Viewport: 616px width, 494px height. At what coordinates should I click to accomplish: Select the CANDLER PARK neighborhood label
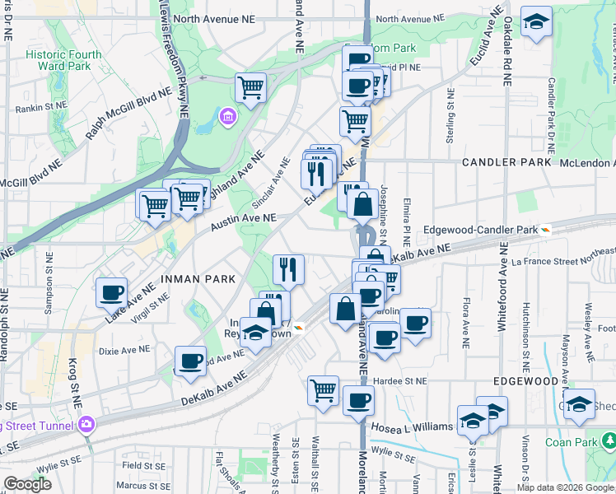pyautogui.click(x=506, y=162)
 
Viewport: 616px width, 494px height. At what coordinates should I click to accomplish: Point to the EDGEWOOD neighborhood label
pyautogui.click(x=526, y=382)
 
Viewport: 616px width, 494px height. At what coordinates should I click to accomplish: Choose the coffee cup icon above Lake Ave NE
pyautogui.click(x=111, y=292)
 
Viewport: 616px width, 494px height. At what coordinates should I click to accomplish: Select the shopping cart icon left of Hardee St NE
pyautogui.click(x=324, y=390)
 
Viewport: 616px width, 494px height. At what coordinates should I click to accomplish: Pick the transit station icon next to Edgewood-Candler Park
pyautogui.click(x=545, y=230)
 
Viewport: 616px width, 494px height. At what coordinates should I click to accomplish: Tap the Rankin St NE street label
pyautogui.click(x=38, y=107)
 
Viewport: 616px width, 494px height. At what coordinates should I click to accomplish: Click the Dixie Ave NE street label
pyautogui.click(x=123, y=350)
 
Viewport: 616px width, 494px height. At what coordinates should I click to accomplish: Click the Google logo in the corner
pyautogui.click(x=27, y=484)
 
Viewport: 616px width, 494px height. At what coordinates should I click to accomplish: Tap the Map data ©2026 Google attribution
pyautogui.click(x=565, y=487)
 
